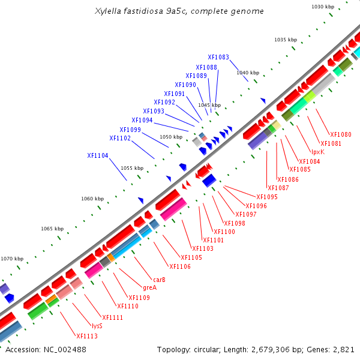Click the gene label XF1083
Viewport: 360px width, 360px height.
(x=218, y=58)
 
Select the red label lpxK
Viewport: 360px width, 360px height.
(x=318, y=152)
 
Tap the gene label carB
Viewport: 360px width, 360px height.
(x=159, y=280)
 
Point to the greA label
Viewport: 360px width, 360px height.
(x=149, y=287)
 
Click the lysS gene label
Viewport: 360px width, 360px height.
(x=97, y=326)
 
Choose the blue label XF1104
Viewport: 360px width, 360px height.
(x=98, y=155)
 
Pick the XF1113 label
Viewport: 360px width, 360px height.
(x=86, y=336)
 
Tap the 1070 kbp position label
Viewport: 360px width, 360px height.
(x=12, y=259)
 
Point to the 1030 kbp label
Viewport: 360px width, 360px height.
(x=323, y=7)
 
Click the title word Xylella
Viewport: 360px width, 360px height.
(x=108, y=11)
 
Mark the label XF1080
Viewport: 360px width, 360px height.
(x=341, y=134)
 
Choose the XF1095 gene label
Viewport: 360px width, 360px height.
(x=267, y=197)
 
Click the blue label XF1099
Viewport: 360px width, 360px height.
(x=130, y=130)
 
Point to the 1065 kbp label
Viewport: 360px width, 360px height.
(x=52, y=229)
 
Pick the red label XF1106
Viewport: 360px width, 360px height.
(x=180, y=266)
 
